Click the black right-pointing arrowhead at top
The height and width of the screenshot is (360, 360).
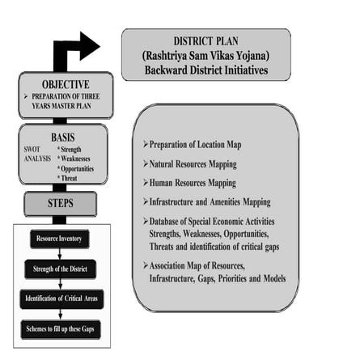point(88,45)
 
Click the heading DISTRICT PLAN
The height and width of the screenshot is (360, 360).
point(205,40)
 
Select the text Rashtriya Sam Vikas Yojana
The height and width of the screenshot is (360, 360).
point(205,55)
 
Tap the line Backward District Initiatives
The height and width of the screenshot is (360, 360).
point(205,70)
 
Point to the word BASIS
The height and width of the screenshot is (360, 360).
point(63,138)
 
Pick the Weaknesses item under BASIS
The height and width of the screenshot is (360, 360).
point(74,159)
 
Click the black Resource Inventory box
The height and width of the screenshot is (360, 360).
point(60,239)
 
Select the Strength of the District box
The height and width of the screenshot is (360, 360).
point(60,269)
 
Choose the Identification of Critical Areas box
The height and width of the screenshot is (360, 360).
point(61,299)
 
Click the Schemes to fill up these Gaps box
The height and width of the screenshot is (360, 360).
point(60,328)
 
